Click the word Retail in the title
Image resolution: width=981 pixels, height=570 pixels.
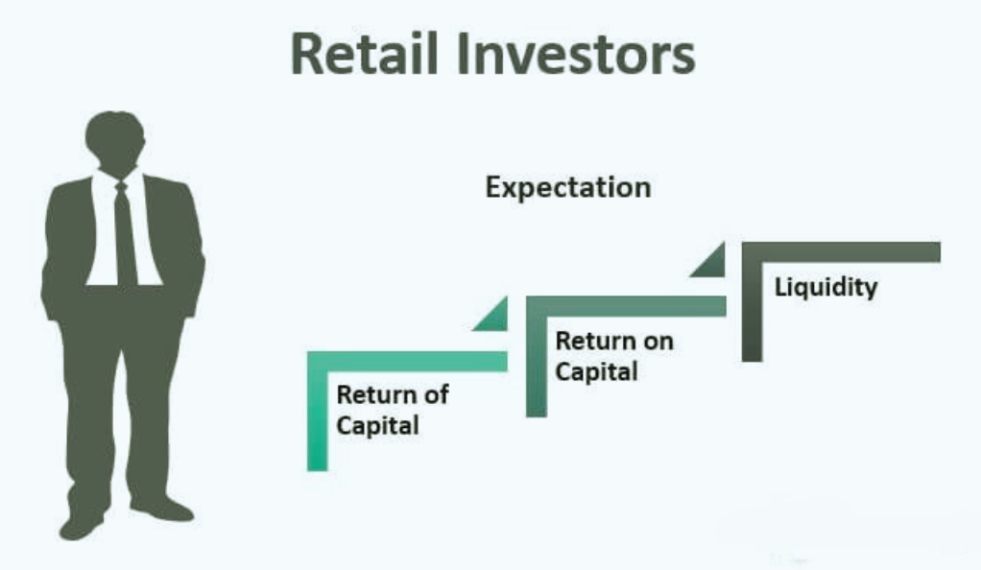364,54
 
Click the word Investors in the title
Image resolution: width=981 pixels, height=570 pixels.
576,54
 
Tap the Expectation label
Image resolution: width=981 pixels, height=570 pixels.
568,188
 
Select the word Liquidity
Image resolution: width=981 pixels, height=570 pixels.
825,287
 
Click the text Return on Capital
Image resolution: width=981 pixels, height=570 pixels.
614,356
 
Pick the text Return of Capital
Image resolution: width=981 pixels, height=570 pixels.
393,410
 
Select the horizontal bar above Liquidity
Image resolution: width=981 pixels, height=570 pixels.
841,252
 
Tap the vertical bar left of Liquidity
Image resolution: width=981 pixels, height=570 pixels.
752,301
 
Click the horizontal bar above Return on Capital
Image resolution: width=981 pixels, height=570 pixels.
626,306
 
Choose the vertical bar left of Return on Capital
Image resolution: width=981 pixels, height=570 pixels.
537,356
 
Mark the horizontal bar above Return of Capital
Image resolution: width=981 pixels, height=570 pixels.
407,361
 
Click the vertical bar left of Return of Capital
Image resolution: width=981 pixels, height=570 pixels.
317,411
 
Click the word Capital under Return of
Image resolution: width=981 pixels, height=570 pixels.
377,426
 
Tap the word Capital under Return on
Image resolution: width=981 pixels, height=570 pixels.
596,371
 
